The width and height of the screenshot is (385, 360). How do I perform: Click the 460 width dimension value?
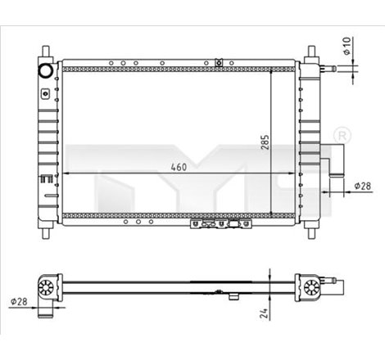[179, 167]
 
